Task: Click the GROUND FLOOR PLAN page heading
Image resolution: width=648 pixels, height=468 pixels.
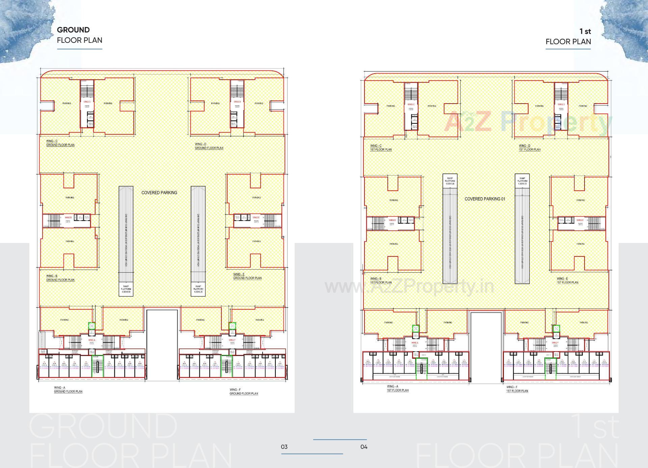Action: tap(79, 35)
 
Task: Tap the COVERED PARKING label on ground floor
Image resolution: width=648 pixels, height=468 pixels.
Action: tap(159, 193)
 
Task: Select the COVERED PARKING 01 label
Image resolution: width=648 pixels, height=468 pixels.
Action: tap(485, 199)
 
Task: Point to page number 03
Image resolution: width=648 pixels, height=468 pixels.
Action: tap(284, 447)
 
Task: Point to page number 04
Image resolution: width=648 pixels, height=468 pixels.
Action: tap(364, 447)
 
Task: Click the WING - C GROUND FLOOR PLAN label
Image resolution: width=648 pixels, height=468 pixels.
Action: tap(60, 143)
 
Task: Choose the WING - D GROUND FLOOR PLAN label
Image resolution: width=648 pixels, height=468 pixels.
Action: tap(209, 146)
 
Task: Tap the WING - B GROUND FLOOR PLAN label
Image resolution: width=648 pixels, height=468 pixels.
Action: tap(60, 278)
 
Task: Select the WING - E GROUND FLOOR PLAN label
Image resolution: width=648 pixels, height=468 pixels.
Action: tap(247, 276)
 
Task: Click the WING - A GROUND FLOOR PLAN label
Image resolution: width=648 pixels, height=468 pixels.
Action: tap(68, 390)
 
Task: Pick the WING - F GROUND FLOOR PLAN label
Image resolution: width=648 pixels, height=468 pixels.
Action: tap(243, 392)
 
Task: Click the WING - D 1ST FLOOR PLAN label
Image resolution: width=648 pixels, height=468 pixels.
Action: tap(529, 148)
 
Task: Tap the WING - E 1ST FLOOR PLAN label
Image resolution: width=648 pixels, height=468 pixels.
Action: tap(567, 281)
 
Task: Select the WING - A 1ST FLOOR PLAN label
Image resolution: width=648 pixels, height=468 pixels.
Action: tap(397, 388)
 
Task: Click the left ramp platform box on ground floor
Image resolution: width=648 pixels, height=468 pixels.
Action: tap(126, 289)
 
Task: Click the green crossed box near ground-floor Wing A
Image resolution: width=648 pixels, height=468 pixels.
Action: tap(92, 326)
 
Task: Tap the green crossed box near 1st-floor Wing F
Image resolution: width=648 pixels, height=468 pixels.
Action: tap(556, 329)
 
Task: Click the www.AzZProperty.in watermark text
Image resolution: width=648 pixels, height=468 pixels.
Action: tap(409, 287)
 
